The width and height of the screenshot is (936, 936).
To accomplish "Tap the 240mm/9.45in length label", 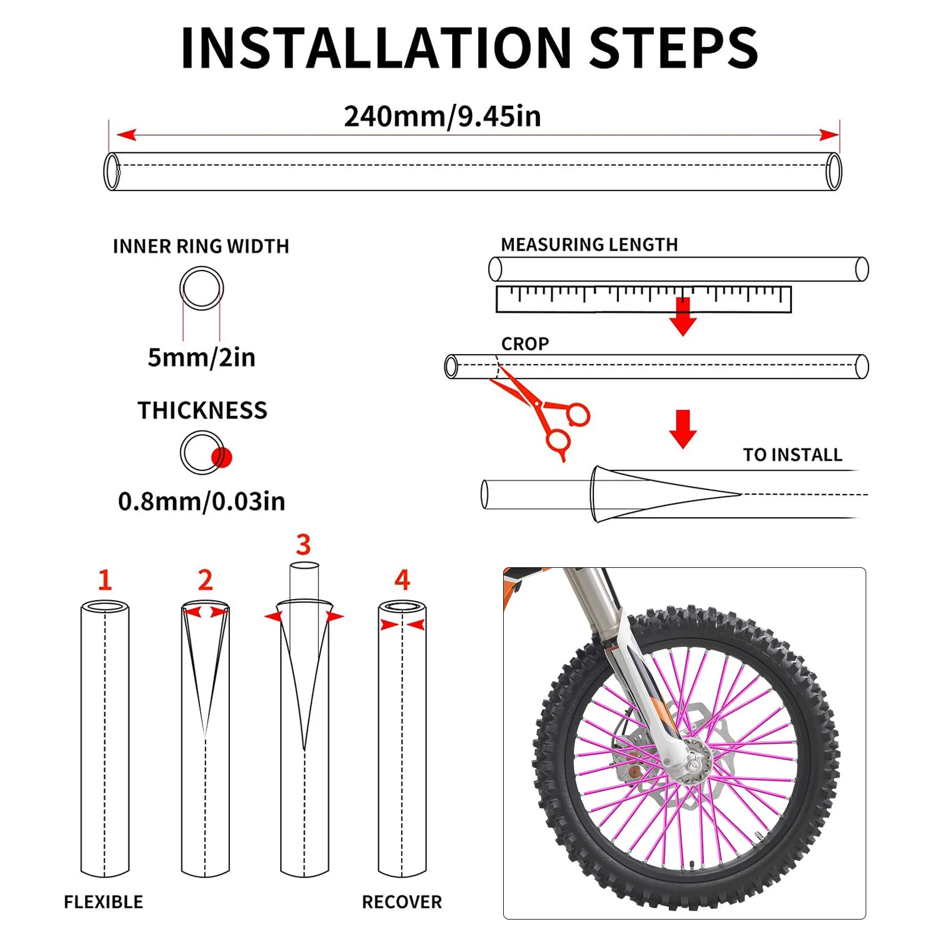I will click(442, 116).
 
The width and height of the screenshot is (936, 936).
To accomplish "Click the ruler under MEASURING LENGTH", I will click(643, 299).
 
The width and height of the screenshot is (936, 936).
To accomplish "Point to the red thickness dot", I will click(221, 457).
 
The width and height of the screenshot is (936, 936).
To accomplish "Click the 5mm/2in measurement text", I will click(201, 357).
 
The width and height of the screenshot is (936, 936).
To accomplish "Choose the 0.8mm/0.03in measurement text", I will click(201, 501).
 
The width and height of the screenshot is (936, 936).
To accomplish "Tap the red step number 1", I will click(105, 580).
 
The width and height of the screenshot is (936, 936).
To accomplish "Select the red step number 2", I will click(205, 580).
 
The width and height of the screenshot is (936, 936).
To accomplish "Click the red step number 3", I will click(303, 545).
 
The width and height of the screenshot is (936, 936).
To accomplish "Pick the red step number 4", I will click(402, 580).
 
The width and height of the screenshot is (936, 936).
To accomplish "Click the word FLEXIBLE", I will click(103, 901).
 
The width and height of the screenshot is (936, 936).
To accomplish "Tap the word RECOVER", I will click(402, 901).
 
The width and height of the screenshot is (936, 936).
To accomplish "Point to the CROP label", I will click(525, 344).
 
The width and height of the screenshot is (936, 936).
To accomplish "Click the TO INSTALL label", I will click(792, 454).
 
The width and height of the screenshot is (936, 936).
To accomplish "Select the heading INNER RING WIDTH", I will click(201, 246).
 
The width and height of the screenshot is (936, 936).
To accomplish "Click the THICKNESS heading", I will click(202, 410).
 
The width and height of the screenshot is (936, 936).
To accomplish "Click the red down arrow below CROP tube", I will click(683, 429).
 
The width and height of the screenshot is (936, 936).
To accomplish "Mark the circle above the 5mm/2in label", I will click(201, 288).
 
